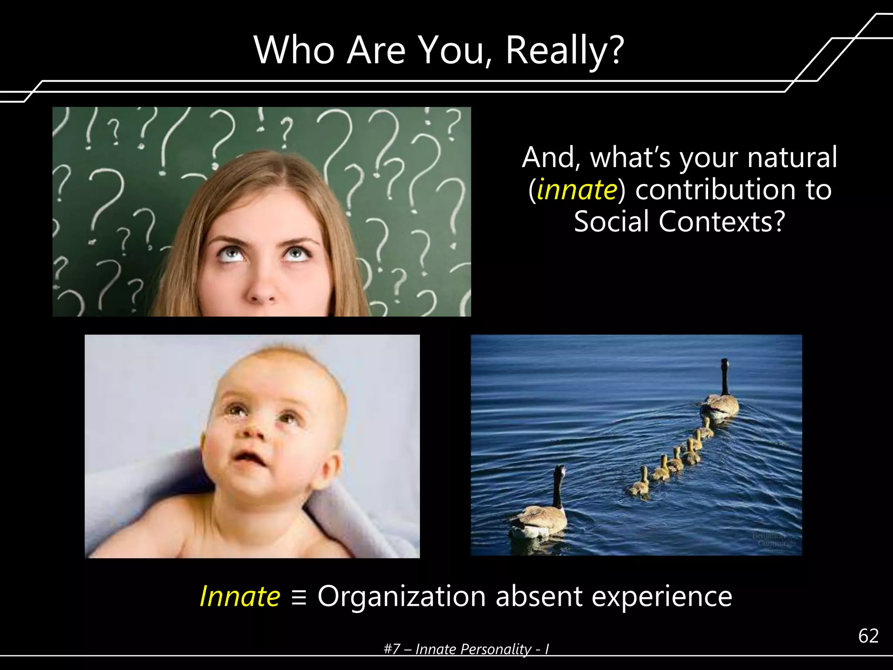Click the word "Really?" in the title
tap(565, 51)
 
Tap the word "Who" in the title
tap(294, 50)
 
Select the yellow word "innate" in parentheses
tap(577, 190)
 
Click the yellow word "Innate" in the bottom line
tap(240, 596)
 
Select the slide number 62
tap(868, 636)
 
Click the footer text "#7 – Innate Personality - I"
tap(466, 649)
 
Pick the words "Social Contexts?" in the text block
tap(679, 222)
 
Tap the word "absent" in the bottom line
tap(539, 596)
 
